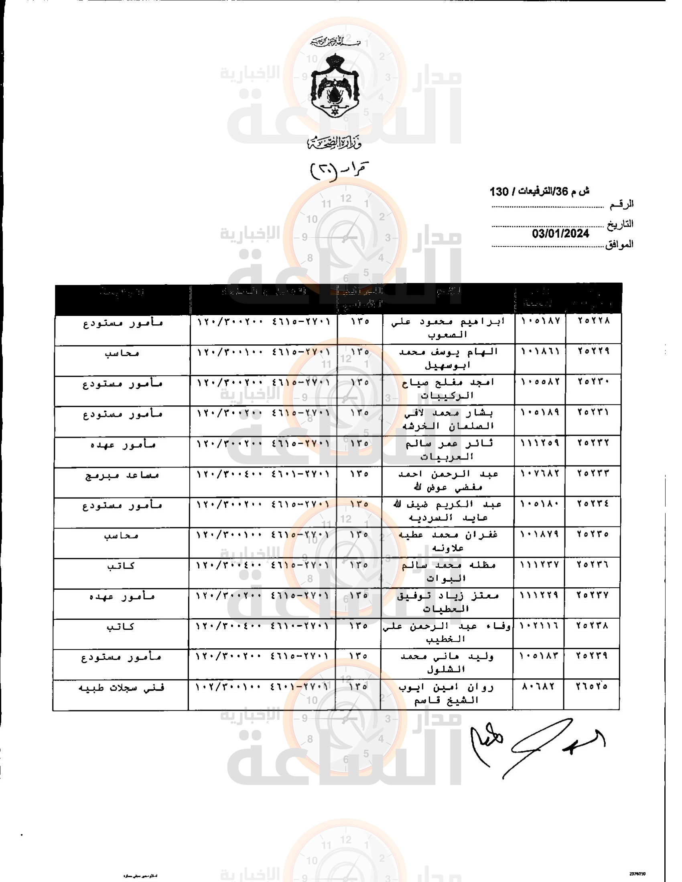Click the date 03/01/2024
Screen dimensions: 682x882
(x=560, y=233)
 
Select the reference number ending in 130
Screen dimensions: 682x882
(x=539, y=191)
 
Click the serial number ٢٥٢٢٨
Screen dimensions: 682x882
(x=593, y=321)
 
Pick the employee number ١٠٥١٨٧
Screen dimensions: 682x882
(x=541, y=321)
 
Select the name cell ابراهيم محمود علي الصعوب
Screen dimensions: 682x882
(x=449, y=328)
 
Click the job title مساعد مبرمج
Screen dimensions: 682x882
(x=122, y=475)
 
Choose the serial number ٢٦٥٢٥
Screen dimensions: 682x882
(x=592, y=686)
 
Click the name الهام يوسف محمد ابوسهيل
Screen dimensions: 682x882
(x=449, y=359)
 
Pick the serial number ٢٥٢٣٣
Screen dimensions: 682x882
(x=593, y=473)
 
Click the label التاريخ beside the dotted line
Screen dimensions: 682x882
(x=620, y=224)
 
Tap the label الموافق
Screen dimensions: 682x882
(x=619, y=244)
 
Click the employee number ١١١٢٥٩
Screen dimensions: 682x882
(x=540, y=443)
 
